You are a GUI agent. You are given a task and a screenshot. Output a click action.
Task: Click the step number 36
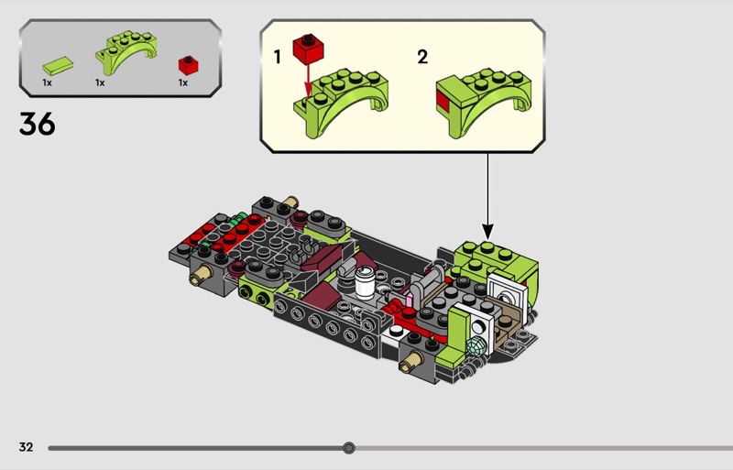pyautogui.click(x=37, y=123)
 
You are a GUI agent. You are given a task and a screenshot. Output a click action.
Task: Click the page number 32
pyautogui.click(x=26, y=447)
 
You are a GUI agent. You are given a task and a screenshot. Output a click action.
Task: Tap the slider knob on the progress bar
pyautogui.click(x=348, y=448)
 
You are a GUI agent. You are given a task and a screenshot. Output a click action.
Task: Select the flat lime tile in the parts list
pyautogui.click(x=57, y=66)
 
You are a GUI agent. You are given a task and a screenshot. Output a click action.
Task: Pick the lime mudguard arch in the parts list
pyautogui.click(x=123, y=55)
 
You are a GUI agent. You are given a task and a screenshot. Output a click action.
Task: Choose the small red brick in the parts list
pyautogui.click(x=188, y=65)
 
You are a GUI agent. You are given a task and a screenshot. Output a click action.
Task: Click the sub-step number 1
pyautogui.click(x=278, y=57)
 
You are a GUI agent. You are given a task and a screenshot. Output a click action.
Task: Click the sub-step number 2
pyautogui.click(x=422, y=57)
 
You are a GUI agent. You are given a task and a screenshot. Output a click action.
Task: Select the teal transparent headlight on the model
pyautogui.click(x=475, y=348)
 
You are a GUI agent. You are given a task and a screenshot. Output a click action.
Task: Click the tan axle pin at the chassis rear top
pyautogui.click(x=290, y=202)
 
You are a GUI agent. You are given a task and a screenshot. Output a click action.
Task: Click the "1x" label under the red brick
pyautogui.click(x=183, y=82)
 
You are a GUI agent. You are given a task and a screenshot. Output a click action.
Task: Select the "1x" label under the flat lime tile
pyautogui.click(x=47, y=82)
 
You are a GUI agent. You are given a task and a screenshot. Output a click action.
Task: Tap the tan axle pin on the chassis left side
pyautogui.click(x=198, y=275)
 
